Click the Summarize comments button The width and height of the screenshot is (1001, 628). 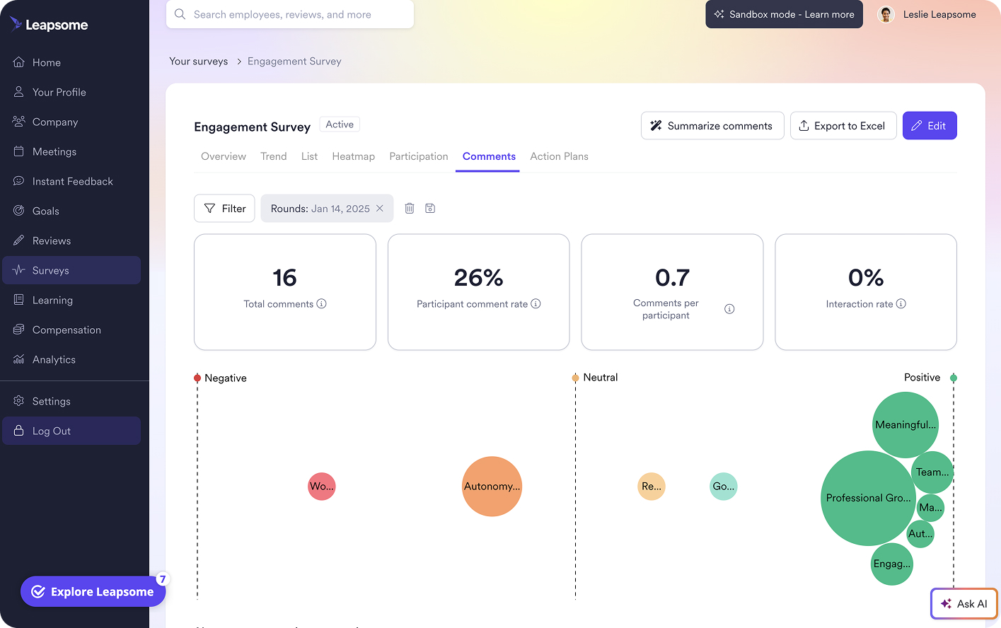pos(712,126)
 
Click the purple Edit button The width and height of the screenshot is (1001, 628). pos(929,126)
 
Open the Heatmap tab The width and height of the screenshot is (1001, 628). pos(353,156)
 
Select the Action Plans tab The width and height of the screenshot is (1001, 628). pos(559,156)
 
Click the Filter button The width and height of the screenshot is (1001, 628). pos(224,209)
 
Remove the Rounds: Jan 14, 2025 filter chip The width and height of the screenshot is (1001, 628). pos(380,209)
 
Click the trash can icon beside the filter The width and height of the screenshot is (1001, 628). pos(409,209)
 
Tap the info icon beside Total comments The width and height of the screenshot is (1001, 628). pos(322,304)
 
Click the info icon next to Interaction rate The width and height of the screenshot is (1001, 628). pos(901,304)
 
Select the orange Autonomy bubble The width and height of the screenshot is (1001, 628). pos(492,487)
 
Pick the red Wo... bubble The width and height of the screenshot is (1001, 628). pos(322,487)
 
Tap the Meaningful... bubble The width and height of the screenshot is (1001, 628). pos(905,424)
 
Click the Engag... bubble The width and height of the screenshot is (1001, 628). pos(891,564)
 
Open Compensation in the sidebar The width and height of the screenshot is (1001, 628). pos(66,330)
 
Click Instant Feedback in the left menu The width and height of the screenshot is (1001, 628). pos(72,182)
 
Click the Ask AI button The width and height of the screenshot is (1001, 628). pos(964,604)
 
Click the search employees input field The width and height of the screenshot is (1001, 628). pos(290,15)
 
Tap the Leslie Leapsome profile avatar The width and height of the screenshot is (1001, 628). pos(886,15)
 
